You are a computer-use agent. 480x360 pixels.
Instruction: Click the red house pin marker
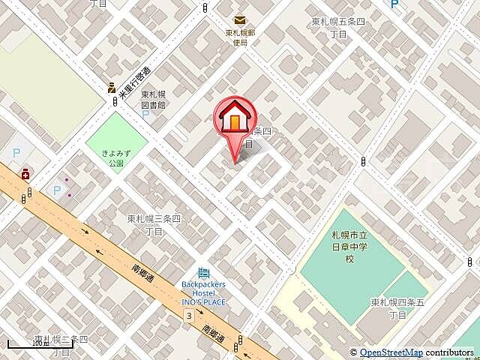click(x=235, y=118)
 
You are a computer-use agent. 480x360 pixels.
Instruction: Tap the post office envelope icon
click(x=239, y=21)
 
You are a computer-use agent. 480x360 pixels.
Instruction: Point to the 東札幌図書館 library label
click(x=153, y=100)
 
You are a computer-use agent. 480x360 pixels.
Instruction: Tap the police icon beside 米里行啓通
click(x=111, y=87)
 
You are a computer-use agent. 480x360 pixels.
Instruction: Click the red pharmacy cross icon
click(x=25, y=173)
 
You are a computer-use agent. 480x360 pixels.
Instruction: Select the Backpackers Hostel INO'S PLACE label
click(x=204, y=292)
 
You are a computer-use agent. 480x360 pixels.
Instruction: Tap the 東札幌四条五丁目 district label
click(x=397, y=307)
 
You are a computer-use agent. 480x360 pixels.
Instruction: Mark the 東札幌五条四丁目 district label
click(x=338, y=28)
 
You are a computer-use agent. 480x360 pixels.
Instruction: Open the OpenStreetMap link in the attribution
click(x=391, y=352)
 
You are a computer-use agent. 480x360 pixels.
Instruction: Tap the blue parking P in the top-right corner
click(x=394, y=6)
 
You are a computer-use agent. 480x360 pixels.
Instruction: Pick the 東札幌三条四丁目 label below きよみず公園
click(x=154, y=224)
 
